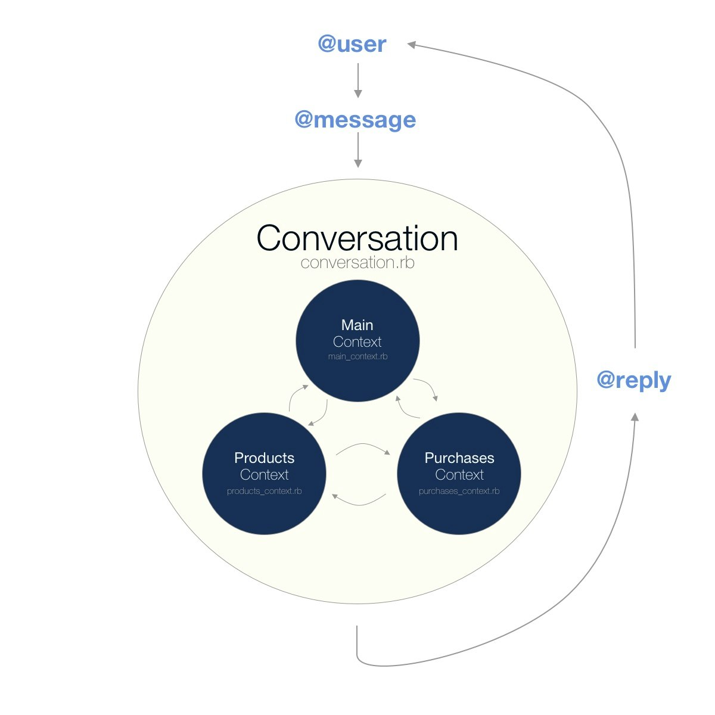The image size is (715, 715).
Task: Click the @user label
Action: tap(352, 44)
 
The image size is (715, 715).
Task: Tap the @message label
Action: tap(356, 119)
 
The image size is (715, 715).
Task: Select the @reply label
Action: tap(633, 380)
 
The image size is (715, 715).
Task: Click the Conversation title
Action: tap(357, 238)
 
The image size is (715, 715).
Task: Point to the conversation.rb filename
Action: tap(357, 263)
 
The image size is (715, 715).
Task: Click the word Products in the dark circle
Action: tap(264, 458)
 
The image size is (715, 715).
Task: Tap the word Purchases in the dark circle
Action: tap(459, 458)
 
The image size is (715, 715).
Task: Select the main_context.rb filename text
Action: tap(357, 357)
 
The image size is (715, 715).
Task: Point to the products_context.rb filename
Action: tap(264, 492)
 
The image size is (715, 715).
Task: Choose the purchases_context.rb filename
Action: tap(459, 492)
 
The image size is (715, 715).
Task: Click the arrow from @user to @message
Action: tap(358, 80)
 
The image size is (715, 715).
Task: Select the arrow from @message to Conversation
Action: tap(358, 150)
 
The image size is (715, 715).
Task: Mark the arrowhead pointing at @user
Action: tap(411, 44)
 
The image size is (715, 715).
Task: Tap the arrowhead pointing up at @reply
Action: tap(635, 416)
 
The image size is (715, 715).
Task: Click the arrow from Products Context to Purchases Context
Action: tap(363, 446)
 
